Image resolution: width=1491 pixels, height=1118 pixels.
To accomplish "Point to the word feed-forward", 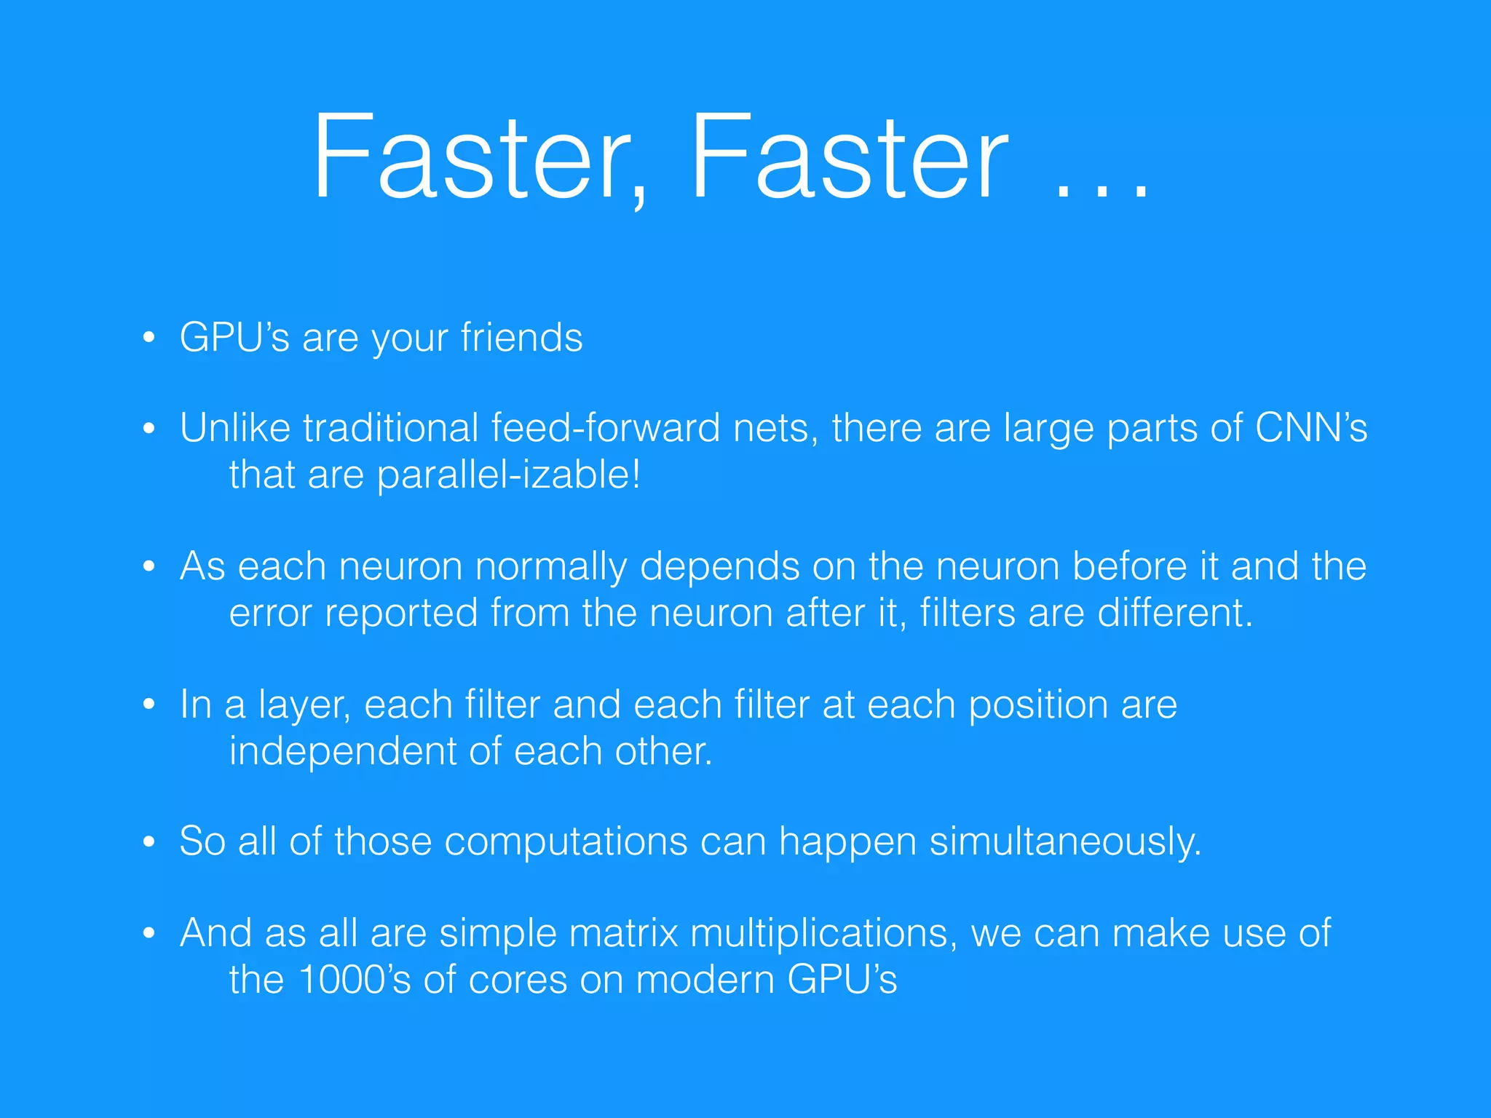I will [606, 428].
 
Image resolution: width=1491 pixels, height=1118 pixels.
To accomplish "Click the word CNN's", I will [1310, 428].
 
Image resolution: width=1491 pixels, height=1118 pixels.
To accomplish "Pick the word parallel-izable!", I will [508, 475].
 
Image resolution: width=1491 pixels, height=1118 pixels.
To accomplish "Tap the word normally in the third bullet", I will [550, 567].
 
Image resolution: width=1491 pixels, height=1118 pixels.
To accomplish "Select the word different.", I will [1174, 613].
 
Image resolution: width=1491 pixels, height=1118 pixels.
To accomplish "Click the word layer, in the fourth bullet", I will [304, 705].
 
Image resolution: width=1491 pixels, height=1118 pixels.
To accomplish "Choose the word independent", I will [342, 752].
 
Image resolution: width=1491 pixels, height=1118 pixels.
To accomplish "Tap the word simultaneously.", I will [1064, 842].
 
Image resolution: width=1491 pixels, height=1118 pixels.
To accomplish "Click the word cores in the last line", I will [518, 980].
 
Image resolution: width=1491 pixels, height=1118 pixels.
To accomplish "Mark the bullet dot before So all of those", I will [149, 842].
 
